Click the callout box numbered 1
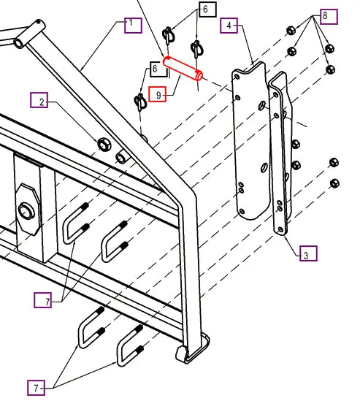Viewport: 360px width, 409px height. [x=134, y=26]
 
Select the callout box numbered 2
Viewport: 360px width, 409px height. [x=39, y=99]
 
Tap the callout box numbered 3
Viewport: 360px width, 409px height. [x=308, y=253]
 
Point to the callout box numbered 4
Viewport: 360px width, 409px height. [x=229, y=26]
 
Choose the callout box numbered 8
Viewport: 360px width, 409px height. [x=329, y=17]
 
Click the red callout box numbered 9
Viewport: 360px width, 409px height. [x=158, y=94]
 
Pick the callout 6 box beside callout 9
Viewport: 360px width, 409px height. [x=158, y=69]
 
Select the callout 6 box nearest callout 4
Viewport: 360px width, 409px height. [x=207, y=9]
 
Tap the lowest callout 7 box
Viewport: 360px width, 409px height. [x=36, y=388]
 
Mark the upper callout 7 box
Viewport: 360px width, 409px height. [x=43, y=299]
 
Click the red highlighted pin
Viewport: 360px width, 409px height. [x=183, y=69]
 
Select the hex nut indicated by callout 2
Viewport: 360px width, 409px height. [x=104, y=145]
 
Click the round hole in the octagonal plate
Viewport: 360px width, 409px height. [x=26, y=210]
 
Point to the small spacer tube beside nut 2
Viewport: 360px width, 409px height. [x=121, y=156]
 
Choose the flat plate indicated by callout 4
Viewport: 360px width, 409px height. [x=251, y=141]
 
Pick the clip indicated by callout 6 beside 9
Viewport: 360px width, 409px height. [x=141, y=102]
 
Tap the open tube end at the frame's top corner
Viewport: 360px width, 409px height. [x=19, y=43]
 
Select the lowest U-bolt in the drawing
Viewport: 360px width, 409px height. [x=131, y=345]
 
